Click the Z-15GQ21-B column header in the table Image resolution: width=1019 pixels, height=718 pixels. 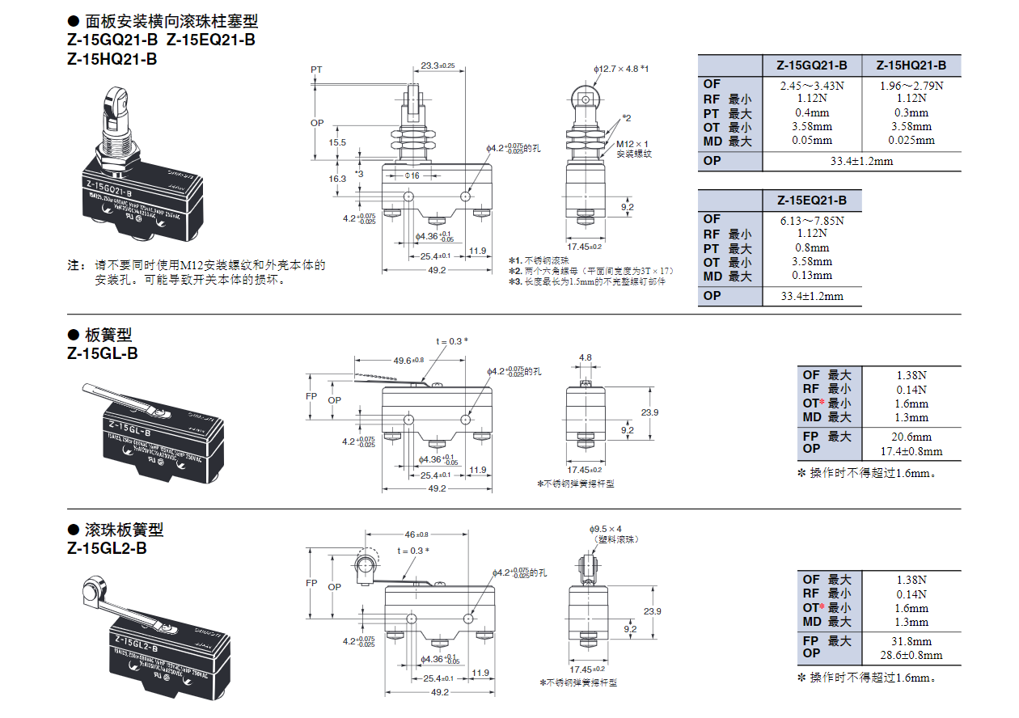812,66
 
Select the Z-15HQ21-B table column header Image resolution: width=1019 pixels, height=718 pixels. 911,66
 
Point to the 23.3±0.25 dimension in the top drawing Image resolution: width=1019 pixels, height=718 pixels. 438,65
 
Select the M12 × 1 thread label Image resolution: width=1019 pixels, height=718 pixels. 633,144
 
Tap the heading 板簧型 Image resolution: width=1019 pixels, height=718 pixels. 108,335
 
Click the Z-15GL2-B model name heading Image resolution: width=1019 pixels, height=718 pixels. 108,548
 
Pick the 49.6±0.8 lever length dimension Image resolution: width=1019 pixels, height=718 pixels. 408,361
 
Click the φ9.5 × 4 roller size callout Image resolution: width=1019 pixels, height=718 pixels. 606,529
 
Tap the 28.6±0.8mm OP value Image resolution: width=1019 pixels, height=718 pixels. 911,655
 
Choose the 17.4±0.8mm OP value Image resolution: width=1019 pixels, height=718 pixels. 911,451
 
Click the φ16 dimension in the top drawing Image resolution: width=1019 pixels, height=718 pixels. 412,176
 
